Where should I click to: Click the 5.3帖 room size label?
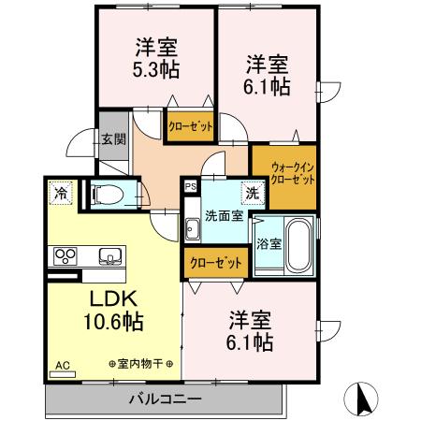(x=156, y=70)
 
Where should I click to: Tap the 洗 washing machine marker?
(x=252, y=194)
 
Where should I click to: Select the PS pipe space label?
(x=191, y=186)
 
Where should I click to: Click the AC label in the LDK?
(x=63, y=365)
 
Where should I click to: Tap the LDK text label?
(x=114, y=299)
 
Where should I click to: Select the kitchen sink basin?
(x=110, y=254)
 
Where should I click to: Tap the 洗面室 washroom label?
(x=225, y=214)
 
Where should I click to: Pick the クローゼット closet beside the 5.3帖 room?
(x=190, y=126)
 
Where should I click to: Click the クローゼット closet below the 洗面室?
(x=215, y=263)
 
